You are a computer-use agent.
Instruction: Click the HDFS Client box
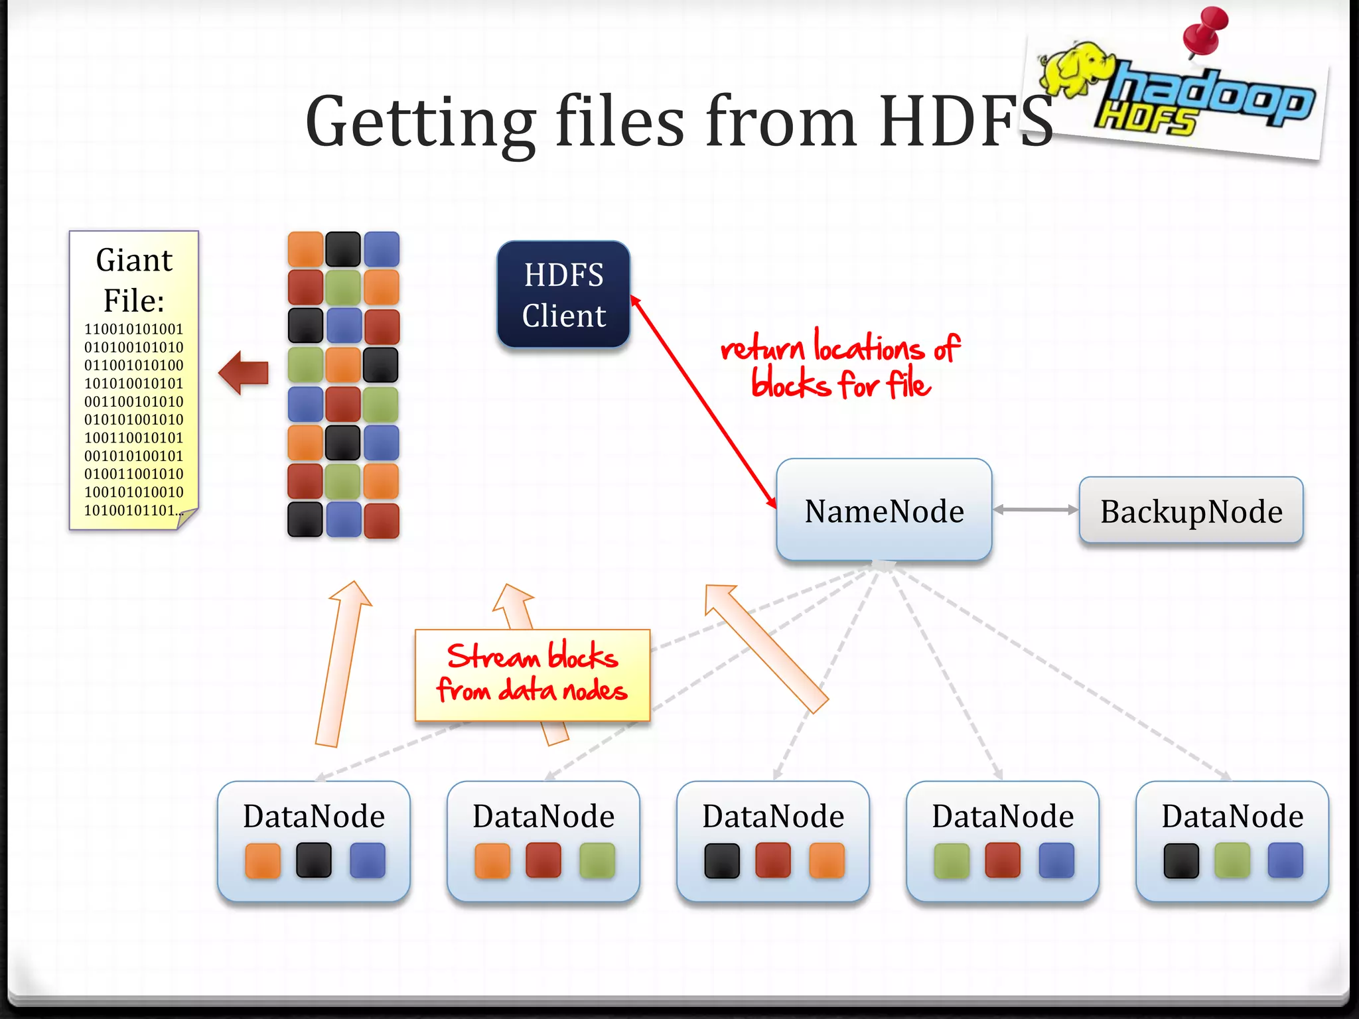(563, 295)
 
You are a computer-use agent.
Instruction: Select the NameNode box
(884, 510)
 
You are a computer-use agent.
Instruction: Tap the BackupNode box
(1191, 511)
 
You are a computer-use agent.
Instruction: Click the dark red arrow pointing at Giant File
(244, 373)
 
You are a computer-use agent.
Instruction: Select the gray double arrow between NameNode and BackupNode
(1035, 509)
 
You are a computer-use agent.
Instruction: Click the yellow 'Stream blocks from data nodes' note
(532, 674)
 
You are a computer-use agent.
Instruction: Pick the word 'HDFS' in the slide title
(966, 122)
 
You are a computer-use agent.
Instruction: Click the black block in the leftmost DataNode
(314, 860)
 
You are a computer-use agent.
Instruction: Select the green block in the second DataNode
(597, 860)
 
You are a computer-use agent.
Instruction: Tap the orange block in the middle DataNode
(827, 860)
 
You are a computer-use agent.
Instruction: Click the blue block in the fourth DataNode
(1056, 860)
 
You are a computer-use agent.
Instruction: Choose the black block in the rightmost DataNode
(1181, 860)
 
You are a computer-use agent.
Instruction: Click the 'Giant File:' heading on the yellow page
(134, 280)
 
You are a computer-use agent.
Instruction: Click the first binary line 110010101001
(133, 329)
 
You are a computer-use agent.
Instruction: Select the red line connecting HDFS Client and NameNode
(703, 402)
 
